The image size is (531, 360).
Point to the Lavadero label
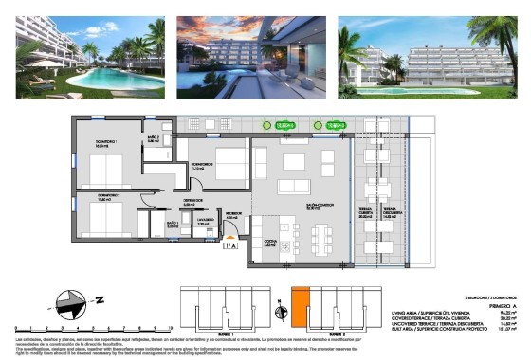click(x=203, y=222)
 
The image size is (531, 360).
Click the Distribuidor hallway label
click(x=193, y=201)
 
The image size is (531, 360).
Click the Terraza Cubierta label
click(x=365, y=212)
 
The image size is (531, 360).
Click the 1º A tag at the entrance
click(x=229, y=246)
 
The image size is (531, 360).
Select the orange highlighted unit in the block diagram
click(x=300, y=308)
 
